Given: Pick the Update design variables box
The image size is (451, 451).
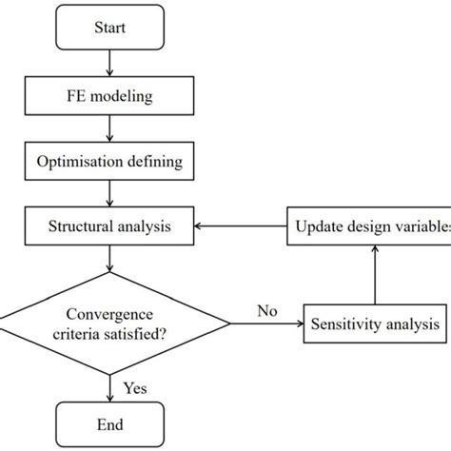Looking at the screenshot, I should click(x=369, y=226).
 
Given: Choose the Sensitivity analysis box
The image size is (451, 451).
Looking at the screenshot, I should click(x=375, y=324).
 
